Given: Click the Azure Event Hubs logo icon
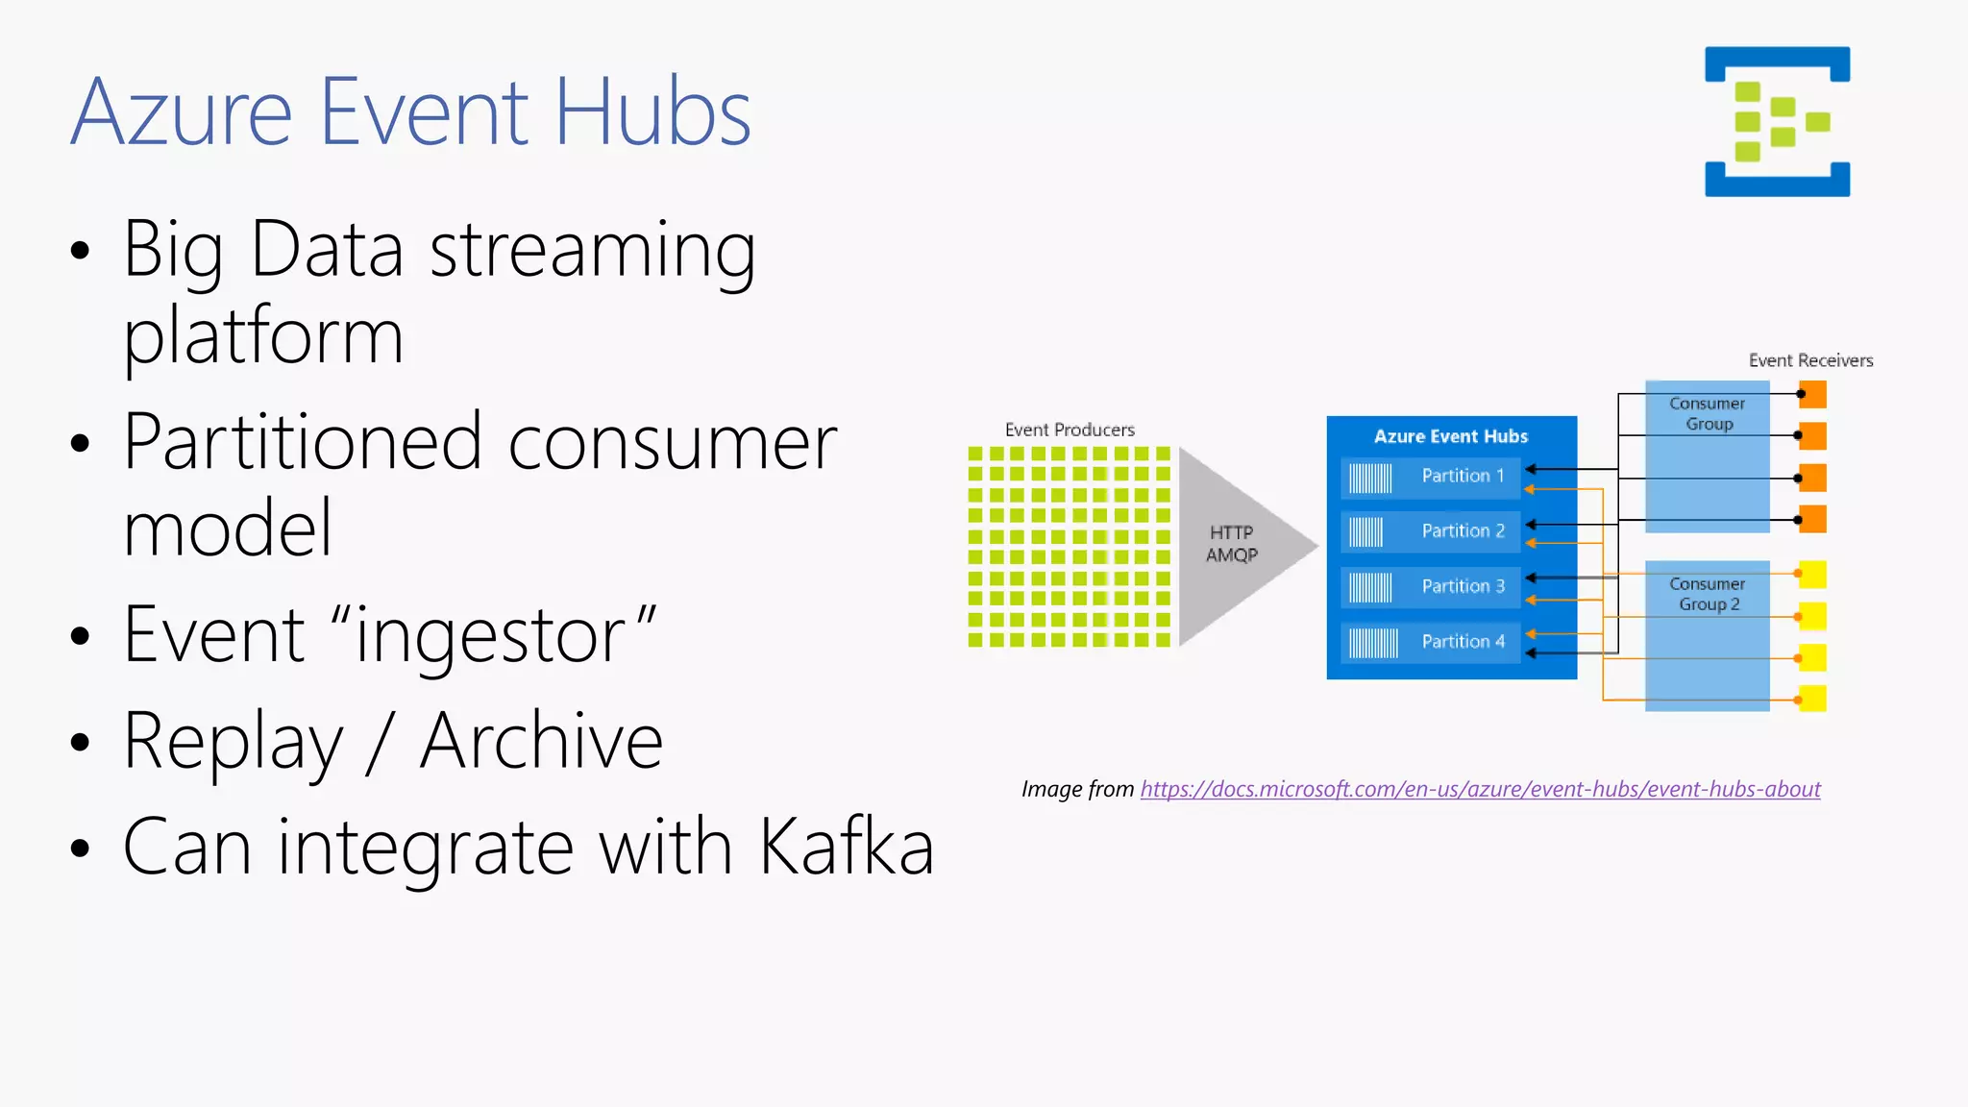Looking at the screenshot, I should pyautogui.click(x=1777, y=121).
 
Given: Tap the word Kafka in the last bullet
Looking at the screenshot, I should pyautogui.click(x=846, y=848).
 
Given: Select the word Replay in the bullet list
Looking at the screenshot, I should pyautogui.click(x=234, y=742).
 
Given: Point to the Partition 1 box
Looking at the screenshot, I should pyautogui.click(x=1430, y=477).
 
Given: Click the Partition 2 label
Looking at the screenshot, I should pyautogui.click(x=1463, y=531).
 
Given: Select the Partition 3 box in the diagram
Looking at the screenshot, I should pyautogui.click(x=1430, y=587).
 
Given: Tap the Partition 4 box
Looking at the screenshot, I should pyautogui.click(x=1430, y=642).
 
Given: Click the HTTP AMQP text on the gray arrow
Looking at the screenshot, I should pyautogui.click(x=1231, y=544).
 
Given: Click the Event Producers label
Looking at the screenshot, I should pyautogui.click(x=1070, y=430).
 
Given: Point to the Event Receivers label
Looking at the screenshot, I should pyautogui.click(x=1810, y=360).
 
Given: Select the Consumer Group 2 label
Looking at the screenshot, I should pyautogui.click(x=1708, y=594).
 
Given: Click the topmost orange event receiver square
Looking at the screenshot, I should pyautogui.click(x=1813, y=394).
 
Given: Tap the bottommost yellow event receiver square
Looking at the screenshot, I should pyautogui.click(x=1813, y=699).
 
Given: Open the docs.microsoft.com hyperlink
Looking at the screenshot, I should pyautogui.click(x=1480, y=790).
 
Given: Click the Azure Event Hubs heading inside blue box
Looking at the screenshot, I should pyautogui.click(x=1450, y=436).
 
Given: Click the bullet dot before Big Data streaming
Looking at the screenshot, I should pyautogui.click(x=80, y=252).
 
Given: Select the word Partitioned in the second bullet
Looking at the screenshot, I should pyautogui.click(x=302, y=443).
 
